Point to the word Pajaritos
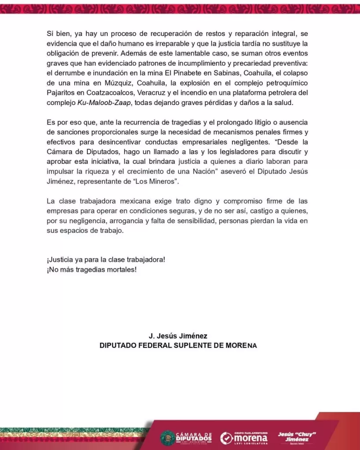click(61, 93)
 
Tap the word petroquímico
click(276, 83)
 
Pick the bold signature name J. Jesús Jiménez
click(178, 336)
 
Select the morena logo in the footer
click(244, 437)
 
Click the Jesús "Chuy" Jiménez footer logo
click(297, 437)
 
